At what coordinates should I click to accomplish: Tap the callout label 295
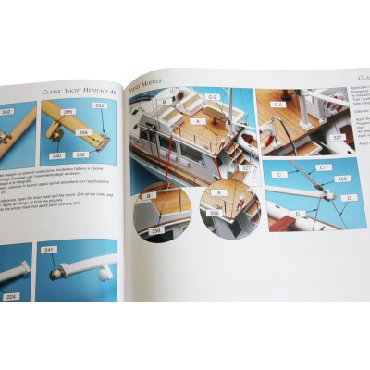(68, 110)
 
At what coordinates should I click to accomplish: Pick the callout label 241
(50, 250)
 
